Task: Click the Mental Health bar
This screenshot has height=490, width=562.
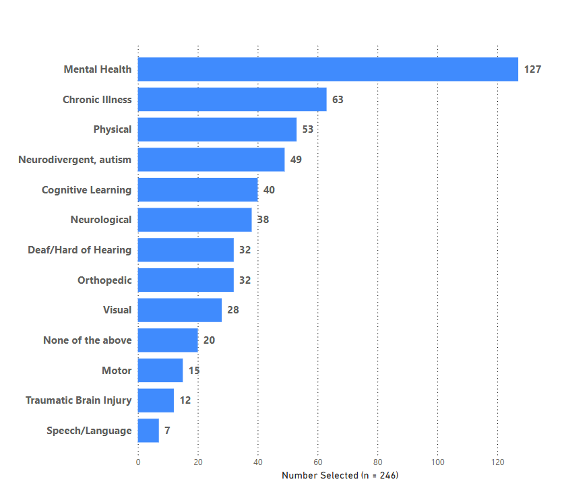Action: point(327,69)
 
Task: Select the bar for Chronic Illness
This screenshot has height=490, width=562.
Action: point(232,100)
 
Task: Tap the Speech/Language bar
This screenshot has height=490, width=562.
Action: point(148,431)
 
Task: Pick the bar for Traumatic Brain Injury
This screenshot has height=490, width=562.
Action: point(156,400)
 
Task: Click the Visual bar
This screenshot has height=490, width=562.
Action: point(179,310)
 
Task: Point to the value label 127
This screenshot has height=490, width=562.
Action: point(532,69)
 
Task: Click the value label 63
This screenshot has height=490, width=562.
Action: point(338,100)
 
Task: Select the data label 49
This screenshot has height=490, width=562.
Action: point(296,160)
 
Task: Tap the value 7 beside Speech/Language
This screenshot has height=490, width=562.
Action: point(167,431)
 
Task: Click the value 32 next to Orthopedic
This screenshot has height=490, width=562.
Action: point(245,280)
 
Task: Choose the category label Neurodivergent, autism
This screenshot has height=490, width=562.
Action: point(75,160)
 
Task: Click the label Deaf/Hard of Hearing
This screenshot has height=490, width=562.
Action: point(80,250)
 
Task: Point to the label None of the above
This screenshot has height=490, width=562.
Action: point(87,340)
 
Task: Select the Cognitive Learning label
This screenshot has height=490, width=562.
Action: point(86,190)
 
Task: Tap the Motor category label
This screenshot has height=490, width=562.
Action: point(117,371)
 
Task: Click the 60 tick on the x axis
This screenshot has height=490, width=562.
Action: point(317,462)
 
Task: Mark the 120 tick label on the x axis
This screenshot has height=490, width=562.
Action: point(497,462)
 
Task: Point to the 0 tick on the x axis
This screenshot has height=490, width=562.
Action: point(138,462)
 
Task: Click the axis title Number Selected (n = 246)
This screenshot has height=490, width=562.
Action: point(340,476)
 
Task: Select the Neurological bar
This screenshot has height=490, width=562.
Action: point(195,220)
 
